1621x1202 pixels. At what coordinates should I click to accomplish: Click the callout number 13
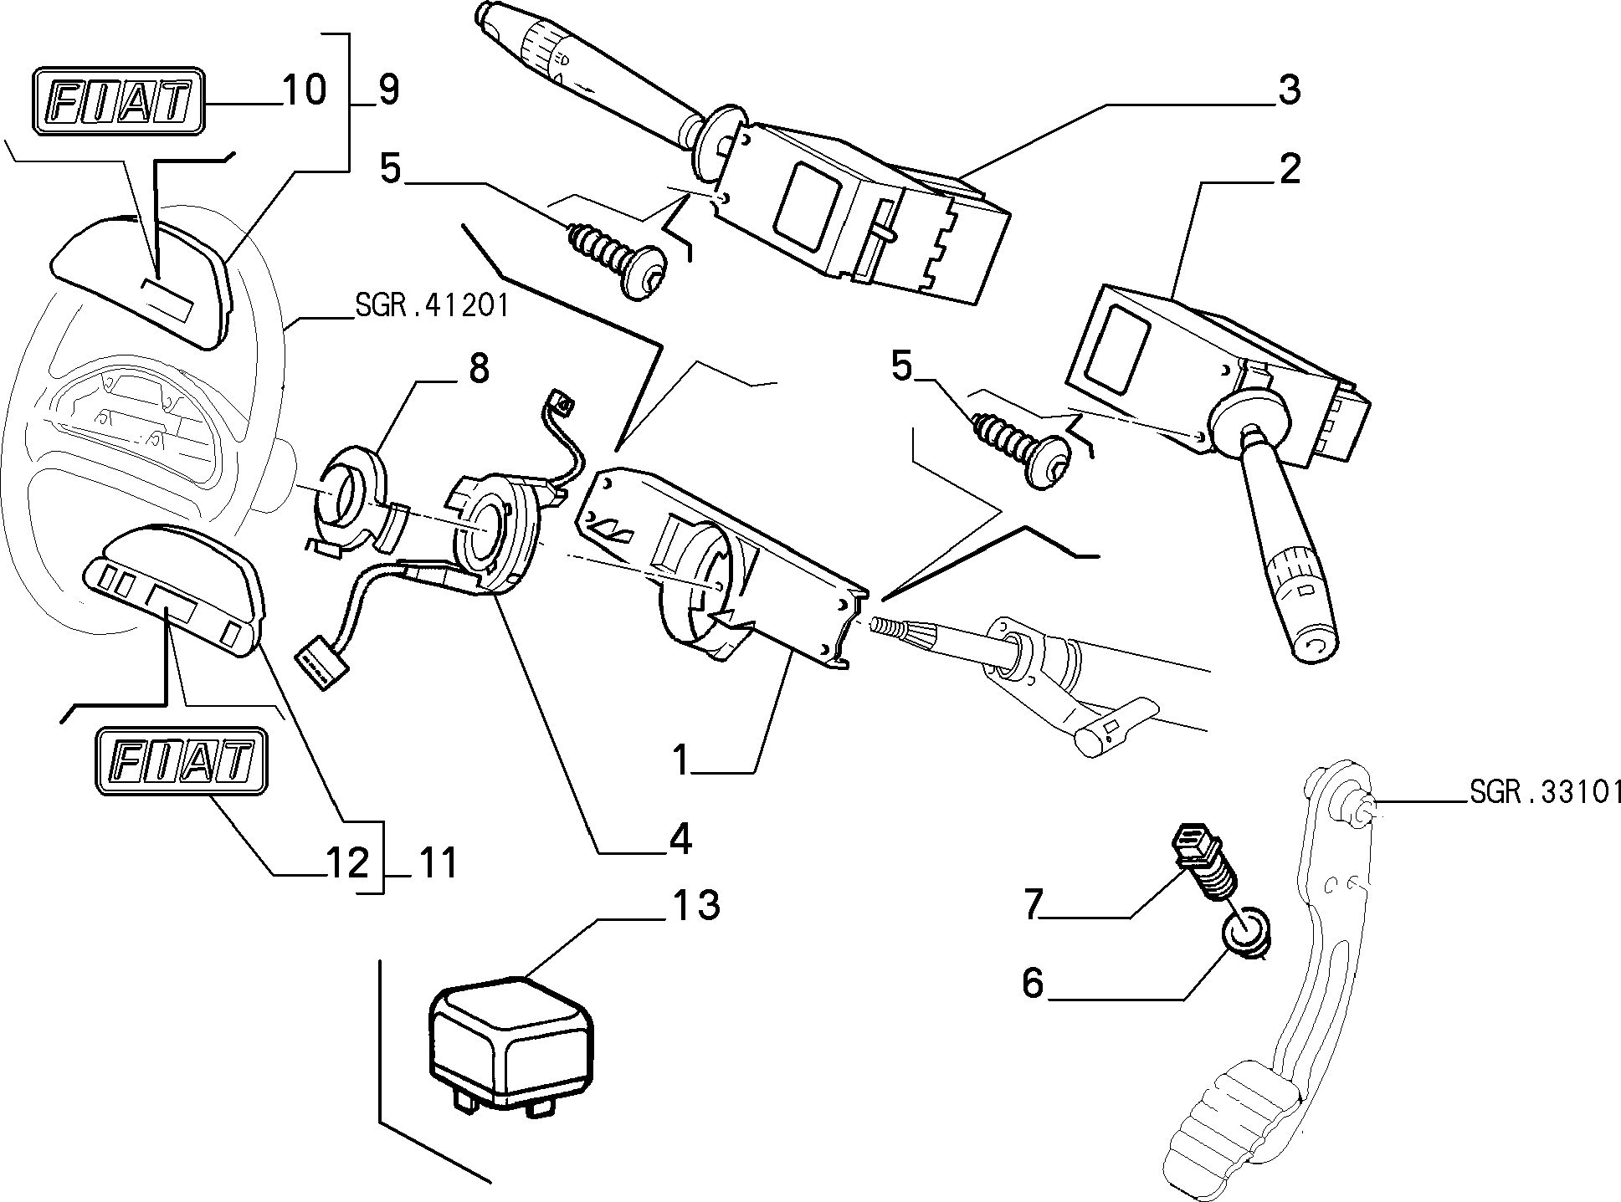click(x=695, y=906)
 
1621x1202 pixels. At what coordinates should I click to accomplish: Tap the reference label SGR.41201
click(x=432, y=305)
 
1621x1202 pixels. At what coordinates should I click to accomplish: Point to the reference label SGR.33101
click(x=1546, y=792)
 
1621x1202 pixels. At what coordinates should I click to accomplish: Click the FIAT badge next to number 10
click(x=119, y=102)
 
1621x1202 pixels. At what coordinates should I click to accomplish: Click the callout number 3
click(x=1290, y=90)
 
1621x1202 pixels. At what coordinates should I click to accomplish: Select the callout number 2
click(x=1290, y=170)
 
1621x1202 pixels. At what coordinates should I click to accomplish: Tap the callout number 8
click(x=478, y=369)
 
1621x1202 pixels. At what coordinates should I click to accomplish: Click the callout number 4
click(x=680, y=839)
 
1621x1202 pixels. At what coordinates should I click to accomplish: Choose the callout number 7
click(x=1034, y=904)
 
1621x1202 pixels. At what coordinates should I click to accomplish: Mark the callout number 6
click(x=1034, y=983)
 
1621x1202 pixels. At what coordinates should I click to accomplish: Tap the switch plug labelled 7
click(x=1204, y=862)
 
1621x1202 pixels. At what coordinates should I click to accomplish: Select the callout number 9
click(x=388, y=90)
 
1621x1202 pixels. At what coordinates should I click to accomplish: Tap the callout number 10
click(x=303, y=90)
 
